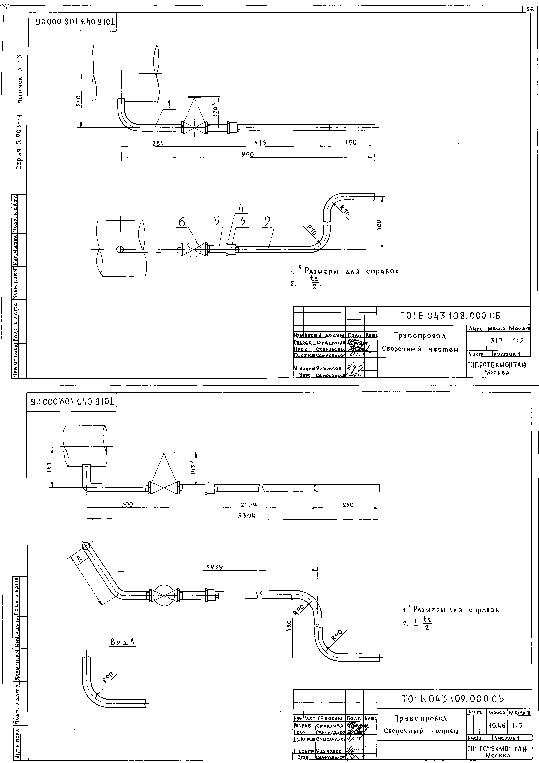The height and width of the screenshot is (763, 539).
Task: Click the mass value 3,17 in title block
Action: tap(496, 340)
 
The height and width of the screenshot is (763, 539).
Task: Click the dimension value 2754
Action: tap(249, 504)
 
